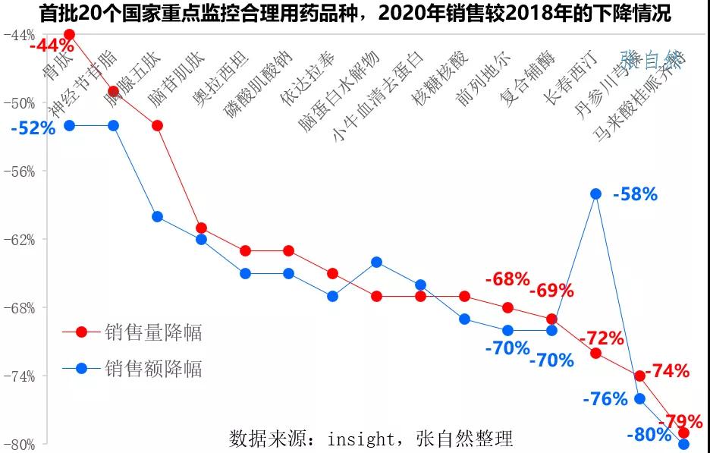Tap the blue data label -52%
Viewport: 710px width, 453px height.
(x=33, y=128)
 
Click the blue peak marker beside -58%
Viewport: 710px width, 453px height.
(x=595, y=193)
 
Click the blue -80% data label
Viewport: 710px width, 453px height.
(x=649, y=436)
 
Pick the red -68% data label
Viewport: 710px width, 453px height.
(x=507, y=279)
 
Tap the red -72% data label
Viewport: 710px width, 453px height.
(x=601, y=338)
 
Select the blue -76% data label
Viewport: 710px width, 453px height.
(x=605, y=398)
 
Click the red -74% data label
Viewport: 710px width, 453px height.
(x=667, y=371)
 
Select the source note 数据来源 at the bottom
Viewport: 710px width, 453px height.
(x=371, y=439)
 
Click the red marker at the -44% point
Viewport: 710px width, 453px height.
(x=70, y=34)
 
